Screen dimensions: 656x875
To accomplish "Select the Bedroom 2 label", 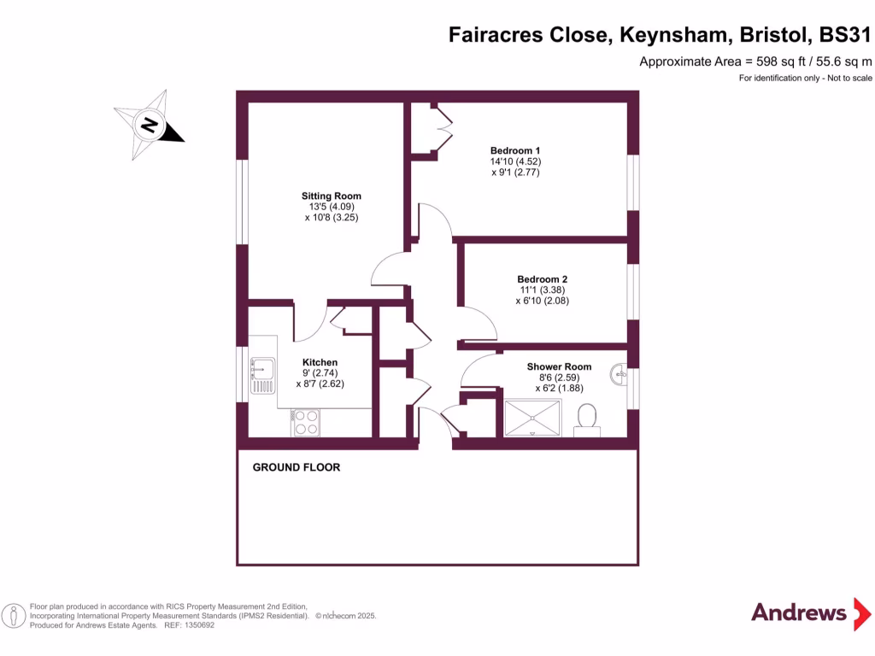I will [x=542, y=278].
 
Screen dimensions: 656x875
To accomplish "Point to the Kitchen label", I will [x=320, y=362].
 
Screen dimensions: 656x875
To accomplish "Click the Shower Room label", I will [x=559, y=366].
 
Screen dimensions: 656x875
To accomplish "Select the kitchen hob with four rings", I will [x=305, y=423].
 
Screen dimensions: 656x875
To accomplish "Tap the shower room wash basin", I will [x=620, y=373].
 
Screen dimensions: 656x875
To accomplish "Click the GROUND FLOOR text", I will [x=296, y=467].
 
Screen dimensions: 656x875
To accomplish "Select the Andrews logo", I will [x=799, y=612].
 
